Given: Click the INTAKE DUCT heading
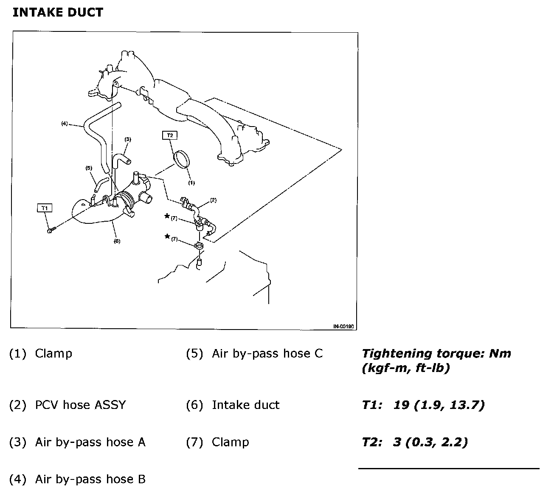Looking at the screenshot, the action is pyautogui.click(x=58, y=12).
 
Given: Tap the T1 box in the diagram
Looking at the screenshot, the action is pyautogui.click(x=45, y=208).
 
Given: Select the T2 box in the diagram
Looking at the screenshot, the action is pyautogui.click(x=170, y=135).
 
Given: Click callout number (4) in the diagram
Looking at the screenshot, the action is pyautogui.click(x=65, y=124).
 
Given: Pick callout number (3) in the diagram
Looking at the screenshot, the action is pyautogui.click(x=128, y=139).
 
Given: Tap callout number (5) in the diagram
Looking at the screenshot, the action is pyautogui.click(x=89, y=168).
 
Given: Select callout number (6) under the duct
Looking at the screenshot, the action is pyautogui.click(x=117, y=241).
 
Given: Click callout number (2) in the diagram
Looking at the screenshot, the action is pyautogui.click(x=213, y=200).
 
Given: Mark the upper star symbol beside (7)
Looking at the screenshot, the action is pyautogui.click(x=167, y=216).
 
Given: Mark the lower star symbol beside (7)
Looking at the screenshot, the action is pyautogui.click(x=167, y=237).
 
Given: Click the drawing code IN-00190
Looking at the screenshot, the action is pyautogui.click(x=344, y=326).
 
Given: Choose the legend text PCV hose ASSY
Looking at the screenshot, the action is pyautogui.click(x=80, y=405).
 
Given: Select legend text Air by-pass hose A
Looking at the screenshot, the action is pyautogui.click(x=90, y=442).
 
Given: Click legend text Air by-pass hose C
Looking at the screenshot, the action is pyautogui.click(x=267, y=353).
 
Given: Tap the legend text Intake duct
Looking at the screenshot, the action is pyautogui.click(x=245, y=405).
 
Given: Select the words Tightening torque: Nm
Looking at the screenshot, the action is pyautogui.click(x=436, y=353).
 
